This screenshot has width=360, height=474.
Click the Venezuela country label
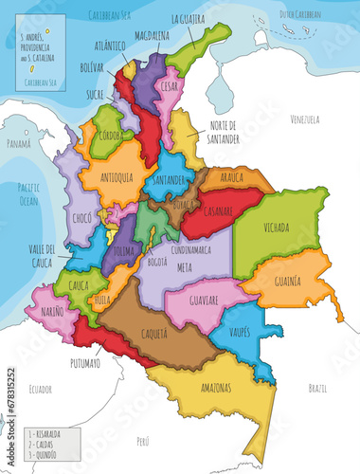pos(306,119)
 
